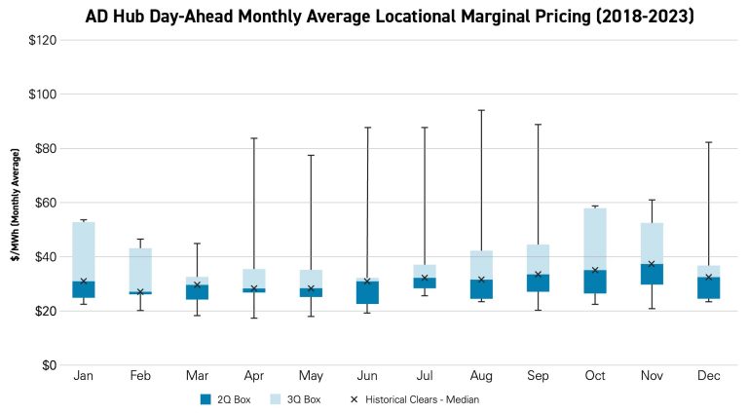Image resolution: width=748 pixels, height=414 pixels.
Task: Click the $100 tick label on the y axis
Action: tap(39, 94)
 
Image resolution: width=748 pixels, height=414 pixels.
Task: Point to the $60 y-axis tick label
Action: tap(41, 203)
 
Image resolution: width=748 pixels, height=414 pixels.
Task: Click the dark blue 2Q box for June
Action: tap(367, 292)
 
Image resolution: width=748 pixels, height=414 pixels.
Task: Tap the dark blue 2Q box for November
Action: tap(652, 274)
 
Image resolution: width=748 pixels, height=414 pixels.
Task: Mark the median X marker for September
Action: tap(538, 275)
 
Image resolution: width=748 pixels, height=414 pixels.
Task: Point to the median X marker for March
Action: tap(198, 285)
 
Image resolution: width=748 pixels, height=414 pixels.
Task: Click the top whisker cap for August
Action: tap(481, 110)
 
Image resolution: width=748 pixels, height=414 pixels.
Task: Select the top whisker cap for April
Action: tap(254, 138)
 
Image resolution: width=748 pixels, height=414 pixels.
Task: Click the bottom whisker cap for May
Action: tap(311, 316)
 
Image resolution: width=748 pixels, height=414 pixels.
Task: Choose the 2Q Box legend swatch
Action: tap(205, 398)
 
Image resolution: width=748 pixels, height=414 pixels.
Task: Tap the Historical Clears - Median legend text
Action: tap(423, 398)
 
